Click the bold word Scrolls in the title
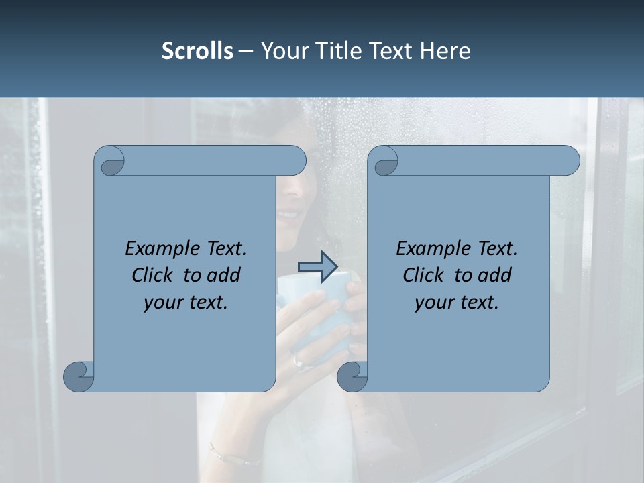click(197, 50)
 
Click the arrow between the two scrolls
click(317, 267)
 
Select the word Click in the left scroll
click(154, 275)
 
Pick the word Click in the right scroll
click(425, 275)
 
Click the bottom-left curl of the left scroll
click(79, 376)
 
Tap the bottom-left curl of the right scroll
click(353, 376)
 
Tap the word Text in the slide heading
click(391, 50)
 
